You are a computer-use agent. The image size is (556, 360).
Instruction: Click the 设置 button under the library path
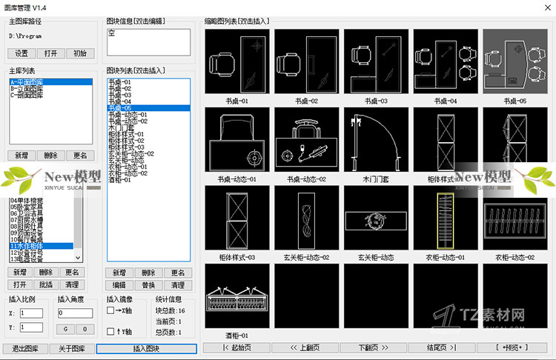point(21,53)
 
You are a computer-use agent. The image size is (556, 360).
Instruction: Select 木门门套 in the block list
point(122,127)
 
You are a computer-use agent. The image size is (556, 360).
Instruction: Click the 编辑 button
point(119,284)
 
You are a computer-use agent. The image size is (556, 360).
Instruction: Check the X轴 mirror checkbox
point(110,310)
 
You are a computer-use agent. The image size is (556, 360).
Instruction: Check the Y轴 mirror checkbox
point(110,330)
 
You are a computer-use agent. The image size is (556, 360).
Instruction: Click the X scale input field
point(32,313)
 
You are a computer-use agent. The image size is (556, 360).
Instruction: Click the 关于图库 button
point(72,348)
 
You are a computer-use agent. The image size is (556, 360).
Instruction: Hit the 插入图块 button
point(146,348)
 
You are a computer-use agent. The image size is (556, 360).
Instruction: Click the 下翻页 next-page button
point(374,347)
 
